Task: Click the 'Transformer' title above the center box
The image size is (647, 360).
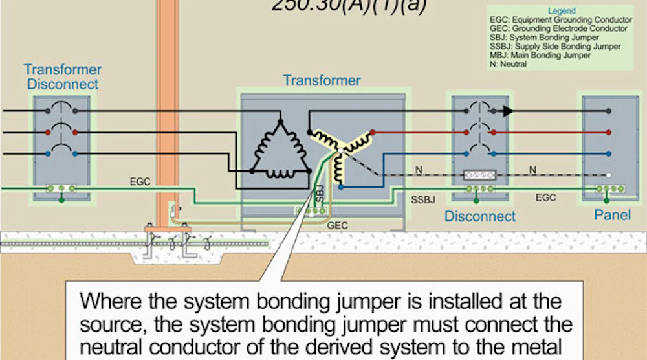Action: point(322,81)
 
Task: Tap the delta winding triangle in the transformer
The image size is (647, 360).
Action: point(280,149)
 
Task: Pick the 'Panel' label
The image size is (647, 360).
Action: point(613,215)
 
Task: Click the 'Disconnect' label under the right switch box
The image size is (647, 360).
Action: point(480,216)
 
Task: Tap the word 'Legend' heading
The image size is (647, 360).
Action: point(561,12)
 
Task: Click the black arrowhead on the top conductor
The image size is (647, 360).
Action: point(509,111)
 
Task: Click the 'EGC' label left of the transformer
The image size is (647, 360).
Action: point(140,182)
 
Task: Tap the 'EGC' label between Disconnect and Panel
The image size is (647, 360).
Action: point(545,197)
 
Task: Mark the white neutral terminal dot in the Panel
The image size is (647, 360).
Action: point(609,175)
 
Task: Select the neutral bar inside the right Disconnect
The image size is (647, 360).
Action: point(479,175)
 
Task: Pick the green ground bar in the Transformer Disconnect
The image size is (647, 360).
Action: point(61,189)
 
